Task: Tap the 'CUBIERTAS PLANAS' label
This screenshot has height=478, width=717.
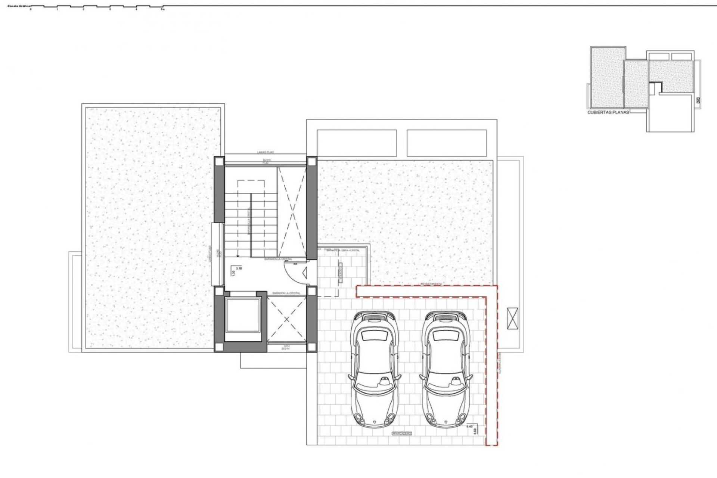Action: click(x=608, y=112)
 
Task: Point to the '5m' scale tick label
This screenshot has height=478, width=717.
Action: click(x=162, y=10)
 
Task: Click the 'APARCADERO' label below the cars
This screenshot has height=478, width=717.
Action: click(x=401, y=434)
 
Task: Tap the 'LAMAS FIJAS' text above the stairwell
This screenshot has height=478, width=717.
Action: click(x=266, y=152)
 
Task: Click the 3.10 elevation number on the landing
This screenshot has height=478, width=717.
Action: click(x=239, y=268)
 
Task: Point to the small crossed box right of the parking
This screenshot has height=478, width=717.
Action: click(x=513, y=319)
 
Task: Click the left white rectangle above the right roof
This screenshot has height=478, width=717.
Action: click(x=357, y=143)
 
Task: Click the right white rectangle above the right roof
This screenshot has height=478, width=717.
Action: click(x=447, y=143)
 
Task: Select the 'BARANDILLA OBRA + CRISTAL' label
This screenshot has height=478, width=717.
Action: click(x=343, y=250)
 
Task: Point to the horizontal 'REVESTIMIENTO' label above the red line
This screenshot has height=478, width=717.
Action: click(x=431, y=284)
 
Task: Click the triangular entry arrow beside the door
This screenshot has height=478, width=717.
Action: click(x=304, y=273)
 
